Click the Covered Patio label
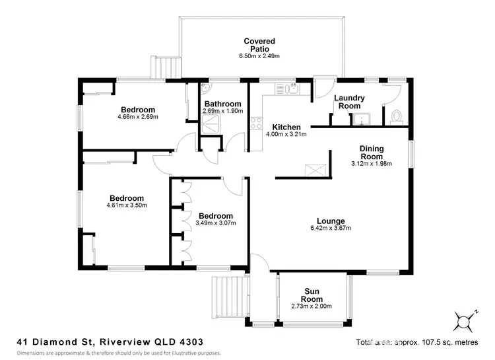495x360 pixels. point(259,45)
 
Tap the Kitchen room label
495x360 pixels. point(287,127)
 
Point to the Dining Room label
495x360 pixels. point(372,153)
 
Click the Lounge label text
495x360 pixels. point(331,221)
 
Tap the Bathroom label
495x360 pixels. point(222,104)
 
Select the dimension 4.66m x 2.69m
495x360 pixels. point(138,117)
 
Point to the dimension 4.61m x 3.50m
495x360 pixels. point(126,205)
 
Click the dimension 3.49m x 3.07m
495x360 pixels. point(215,223)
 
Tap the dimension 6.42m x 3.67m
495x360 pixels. point(331,229)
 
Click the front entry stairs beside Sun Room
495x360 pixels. point(226,297)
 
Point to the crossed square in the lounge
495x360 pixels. point(318,169)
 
